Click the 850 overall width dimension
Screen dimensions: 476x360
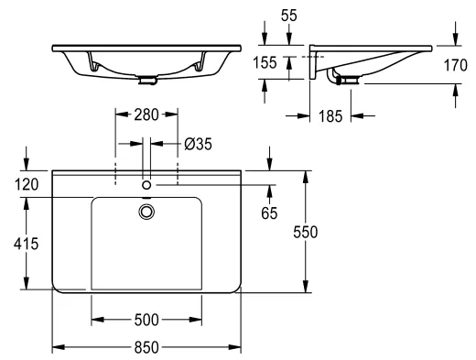pos(146,347)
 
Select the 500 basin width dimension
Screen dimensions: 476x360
pos(146,320)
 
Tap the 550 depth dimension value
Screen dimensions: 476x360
pos(306,232)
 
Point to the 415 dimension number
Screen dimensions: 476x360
pos(26,244)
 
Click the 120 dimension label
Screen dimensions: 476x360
pos(27,185)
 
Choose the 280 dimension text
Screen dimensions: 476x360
pos(146,115)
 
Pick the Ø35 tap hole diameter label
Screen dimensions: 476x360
pos(198,144)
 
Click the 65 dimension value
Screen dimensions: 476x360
pos(269,213)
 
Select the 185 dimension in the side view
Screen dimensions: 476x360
pos(330,116)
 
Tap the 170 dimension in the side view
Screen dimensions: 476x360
pos(455,65)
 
